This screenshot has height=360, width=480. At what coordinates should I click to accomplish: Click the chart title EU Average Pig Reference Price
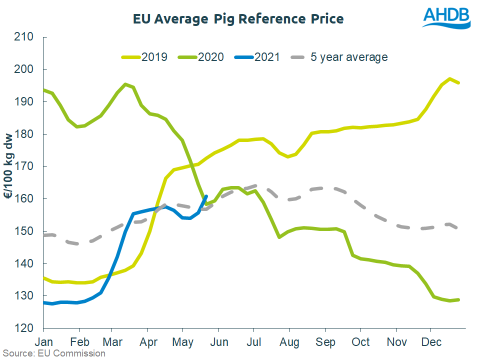pos(238,19)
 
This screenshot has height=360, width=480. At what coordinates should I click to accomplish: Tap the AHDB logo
pos(446,18)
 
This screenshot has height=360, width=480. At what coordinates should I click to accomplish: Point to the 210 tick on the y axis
pos(24,37)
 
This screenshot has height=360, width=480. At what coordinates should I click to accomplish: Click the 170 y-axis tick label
pos(24,166)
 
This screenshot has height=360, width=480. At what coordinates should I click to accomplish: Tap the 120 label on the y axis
pos(24,328)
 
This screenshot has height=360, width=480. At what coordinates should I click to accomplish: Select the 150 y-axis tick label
pos(24,231)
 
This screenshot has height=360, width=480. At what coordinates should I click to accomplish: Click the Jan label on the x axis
pos(43,342)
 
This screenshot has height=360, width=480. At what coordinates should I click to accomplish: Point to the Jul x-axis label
pos(254,342)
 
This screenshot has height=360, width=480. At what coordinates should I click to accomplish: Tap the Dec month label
pos(431,342)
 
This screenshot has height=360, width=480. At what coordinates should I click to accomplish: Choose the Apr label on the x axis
pos(148,342)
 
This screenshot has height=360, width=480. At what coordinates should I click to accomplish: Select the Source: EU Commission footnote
pos(53,353)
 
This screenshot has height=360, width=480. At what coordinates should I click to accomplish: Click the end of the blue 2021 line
pos(206,196)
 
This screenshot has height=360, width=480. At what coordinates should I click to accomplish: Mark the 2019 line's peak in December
pos(450,79)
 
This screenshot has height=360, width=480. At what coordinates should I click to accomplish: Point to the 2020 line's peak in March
pos(125,84)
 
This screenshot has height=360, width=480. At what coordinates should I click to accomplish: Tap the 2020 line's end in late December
pos(458,299)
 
